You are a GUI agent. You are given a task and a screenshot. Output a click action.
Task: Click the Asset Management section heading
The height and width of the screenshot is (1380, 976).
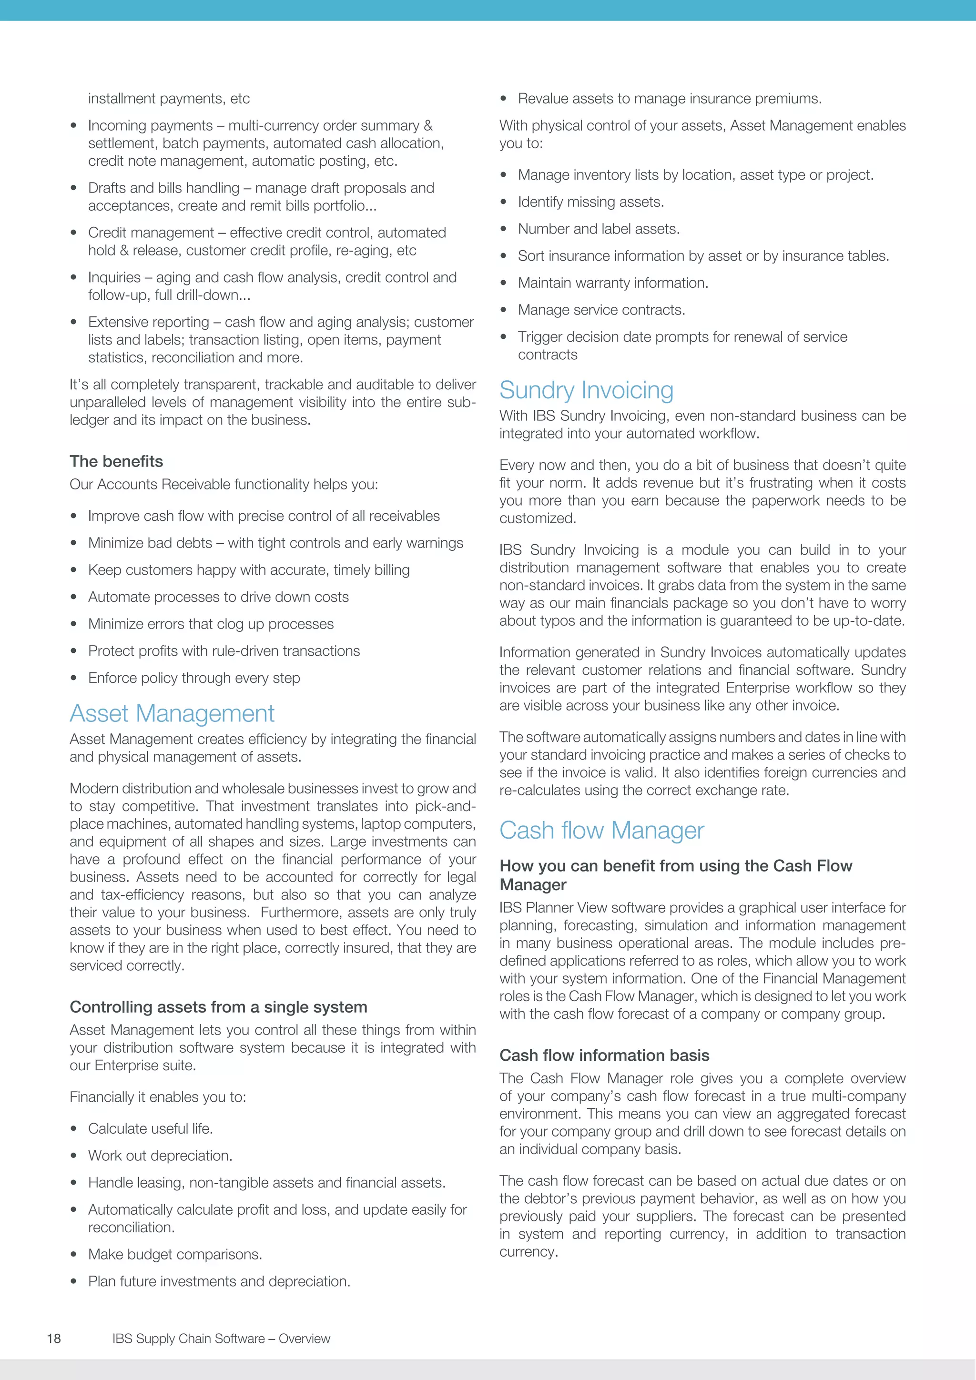(x=172, y=713)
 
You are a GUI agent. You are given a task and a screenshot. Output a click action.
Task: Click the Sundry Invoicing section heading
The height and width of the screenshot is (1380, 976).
(x=586, y=390)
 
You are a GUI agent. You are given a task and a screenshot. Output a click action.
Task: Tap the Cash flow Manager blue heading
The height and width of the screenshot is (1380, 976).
(x=601, y=830)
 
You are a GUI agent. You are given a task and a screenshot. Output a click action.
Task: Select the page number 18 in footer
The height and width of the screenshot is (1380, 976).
(x=53, y=1339)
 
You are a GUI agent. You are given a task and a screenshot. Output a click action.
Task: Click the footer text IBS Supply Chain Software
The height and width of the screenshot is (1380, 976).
(x=221, y=1339)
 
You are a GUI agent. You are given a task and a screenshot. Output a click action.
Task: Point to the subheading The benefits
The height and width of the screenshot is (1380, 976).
(x=116, y=461)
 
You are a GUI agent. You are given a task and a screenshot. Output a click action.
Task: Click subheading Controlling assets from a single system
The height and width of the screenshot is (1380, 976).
(x=218, y=1007)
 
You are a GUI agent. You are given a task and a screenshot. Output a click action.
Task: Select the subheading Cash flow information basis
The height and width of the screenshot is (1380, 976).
(x=604, y=1055)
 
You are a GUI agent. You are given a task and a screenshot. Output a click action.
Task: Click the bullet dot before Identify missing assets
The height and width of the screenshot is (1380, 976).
(x=504, y=203)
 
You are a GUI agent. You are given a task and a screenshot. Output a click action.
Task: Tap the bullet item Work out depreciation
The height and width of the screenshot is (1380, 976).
(x=160, y=1155)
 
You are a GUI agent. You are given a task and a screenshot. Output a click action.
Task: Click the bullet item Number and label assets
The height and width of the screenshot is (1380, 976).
(x=599, y=229)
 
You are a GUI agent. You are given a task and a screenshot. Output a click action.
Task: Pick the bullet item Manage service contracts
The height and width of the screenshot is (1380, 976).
(x=601, y=310)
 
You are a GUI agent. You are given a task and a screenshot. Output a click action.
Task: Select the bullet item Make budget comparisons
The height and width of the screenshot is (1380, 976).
(x=175, y=1254)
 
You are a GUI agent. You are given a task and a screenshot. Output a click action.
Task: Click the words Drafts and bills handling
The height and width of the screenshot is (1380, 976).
(x=163, y=188)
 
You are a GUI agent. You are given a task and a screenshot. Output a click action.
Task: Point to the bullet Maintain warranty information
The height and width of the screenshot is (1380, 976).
(x=613, y=283)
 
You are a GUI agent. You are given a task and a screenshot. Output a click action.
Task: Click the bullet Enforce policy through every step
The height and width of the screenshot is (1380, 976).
(x=193, y=678)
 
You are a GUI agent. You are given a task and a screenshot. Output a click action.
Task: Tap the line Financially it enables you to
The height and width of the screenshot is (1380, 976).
(x=157, y=1097)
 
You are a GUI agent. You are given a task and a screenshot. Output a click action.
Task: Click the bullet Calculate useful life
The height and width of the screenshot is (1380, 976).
(x=150, y=1129)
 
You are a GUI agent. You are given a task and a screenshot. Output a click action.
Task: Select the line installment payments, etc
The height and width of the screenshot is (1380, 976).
(x=168, y=99)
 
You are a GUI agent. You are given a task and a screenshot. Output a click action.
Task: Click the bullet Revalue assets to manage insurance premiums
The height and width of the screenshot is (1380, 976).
(x=670, y=99)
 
